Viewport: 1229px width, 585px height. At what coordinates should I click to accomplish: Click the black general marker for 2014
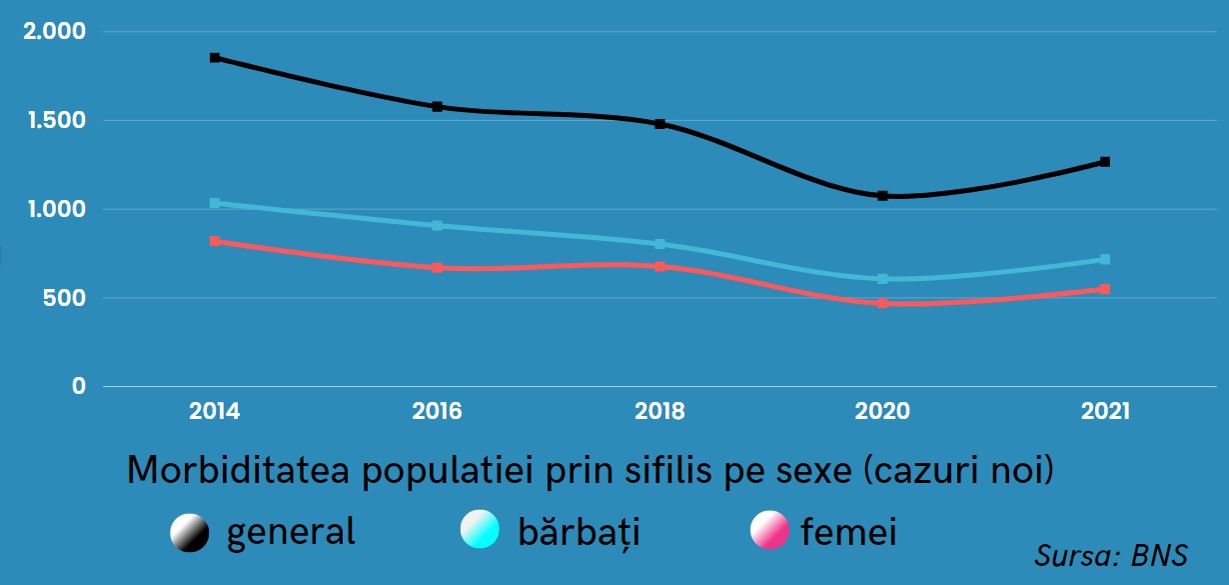(x=215, y=58)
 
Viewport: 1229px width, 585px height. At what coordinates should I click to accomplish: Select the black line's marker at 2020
(x=883, y=196)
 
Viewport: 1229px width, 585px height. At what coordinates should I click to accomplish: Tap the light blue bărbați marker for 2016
(x=438, y=226)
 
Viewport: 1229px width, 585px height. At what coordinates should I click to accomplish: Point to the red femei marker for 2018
(x=660, y=267)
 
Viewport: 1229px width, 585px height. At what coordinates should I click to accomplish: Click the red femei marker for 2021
(x=1105, y=289)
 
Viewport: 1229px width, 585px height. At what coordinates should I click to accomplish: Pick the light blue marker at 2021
(x=1105, y=260)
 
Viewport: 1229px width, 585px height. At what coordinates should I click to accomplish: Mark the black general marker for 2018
(x=660, y=124)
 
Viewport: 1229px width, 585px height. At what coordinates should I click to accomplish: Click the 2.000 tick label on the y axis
(x=54, y=32)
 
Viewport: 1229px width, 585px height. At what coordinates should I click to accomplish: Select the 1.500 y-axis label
(x=54, y=121)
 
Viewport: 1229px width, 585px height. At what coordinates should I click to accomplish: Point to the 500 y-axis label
(x=66, y=298)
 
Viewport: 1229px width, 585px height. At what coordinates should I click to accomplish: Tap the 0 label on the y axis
(x=79, y=387)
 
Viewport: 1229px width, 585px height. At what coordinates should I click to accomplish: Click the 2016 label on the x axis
(x=437, y=411)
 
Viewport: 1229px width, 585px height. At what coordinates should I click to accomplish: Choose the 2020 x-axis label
(x=883, y=411)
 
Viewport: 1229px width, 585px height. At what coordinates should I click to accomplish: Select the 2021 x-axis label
(x=1105, y=411)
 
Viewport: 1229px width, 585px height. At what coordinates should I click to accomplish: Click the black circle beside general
(x=190, y=532)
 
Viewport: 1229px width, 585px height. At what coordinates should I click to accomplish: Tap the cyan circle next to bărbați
(x=480, y=530)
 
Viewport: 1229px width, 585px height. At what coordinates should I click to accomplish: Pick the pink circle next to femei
(x=769, y=530)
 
